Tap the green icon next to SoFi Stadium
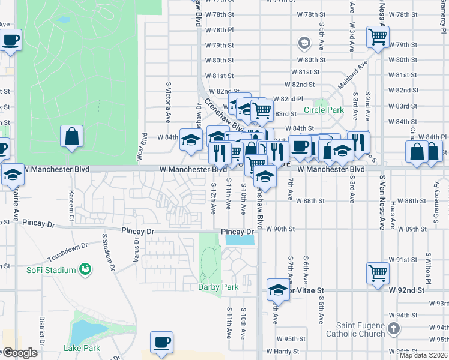(85, 269)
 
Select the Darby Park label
(218, 287)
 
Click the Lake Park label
(82, 348)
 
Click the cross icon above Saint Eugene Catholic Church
(393, 328)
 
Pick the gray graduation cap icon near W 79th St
(304, 43)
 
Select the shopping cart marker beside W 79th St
(378, 37)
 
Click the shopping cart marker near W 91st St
(378, 274)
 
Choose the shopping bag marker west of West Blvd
(72, 136)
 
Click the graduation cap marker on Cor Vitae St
(278, 290)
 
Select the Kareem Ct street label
(71, 197)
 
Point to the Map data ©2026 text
(423, 355)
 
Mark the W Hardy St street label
(282, 351)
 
